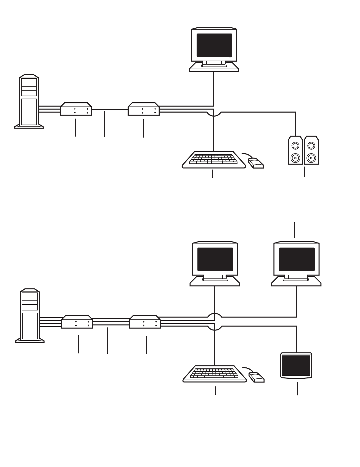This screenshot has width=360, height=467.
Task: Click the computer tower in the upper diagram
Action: click(x=29, y=102)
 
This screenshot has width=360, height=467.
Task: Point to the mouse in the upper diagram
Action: click(x=256, y=163)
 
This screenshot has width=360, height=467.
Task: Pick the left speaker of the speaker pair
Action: click(x=295, y=150)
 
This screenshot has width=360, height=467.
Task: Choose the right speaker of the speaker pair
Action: click(x=311, y=150)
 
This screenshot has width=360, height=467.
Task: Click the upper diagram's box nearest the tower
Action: click(x=76, y=109)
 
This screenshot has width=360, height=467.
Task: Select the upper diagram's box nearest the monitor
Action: click(x=143, y=109)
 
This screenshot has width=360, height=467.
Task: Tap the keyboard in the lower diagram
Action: click(x=215, y=374)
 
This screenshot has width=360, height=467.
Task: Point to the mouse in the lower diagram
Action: click(x=256, y=377)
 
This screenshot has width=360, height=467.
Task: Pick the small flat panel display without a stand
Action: click(x=296, y=365)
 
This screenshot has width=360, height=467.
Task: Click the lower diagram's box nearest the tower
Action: click(x=77, y=322)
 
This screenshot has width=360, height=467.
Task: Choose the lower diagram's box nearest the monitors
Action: click(x=145, y=322)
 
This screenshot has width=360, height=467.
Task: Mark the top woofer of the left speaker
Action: click(x=295, y=146)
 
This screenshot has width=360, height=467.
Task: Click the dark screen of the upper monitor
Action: click(x=214, y=45)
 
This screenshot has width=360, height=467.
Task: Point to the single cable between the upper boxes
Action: click(x=110, y=109)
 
